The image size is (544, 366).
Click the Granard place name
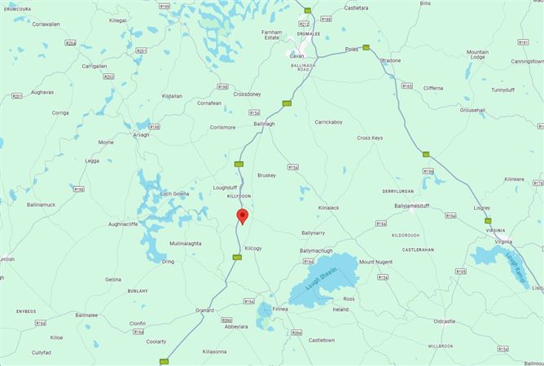click(204, 310)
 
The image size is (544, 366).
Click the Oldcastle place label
click(445, 321)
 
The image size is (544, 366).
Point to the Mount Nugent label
click(375, 262)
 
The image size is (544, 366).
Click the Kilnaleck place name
click(333, 207)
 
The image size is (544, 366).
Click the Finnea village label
click(281, 309)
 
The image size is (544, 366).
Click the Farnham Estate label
click(270, 34)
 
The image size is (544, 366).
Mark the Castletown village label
click(321, 338)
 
